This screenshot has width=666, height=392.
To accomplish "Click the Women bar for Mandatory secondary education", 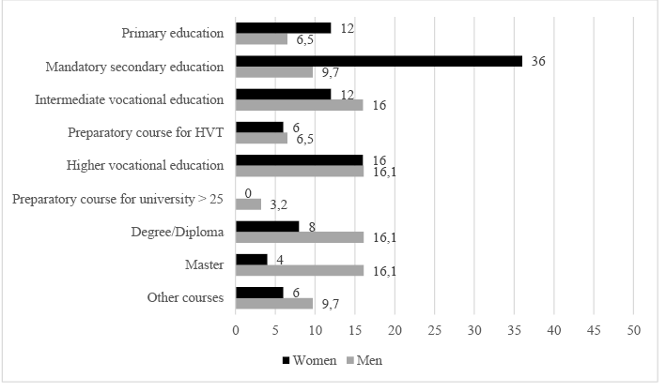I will pyautogui.click(x=379, y=61).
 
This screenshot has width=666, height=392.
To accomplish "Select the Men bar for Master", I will pyautogui.click(x=299, y=270).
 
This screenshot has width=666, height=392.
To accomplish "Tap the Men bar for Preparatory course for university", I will pyautogui.click(x=248, y=204).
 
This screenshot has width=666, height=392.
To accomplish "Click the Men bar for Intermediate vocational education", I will pyautogui.click(x=299, y=105).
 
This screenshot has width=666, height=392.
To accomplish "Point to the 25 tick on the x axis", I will pyautogui.click(x=434, y=330).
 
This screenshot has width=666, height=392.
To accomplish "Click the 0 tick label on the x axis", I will pyautogui.click(x=236, y=330).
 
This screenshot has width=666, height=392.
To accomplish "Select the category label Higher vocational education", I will pyautogui.click(x=146, y=166).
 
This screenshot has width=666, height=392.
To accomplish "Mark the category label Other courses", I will pyautogui.click(x=184, y=298).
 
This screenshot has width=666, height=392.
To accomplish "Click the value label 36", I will pyautogui.click(x=538, y=61).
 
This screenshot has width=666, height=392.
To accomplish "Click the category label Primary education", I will pyautogui.click(x=173, y=34).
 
